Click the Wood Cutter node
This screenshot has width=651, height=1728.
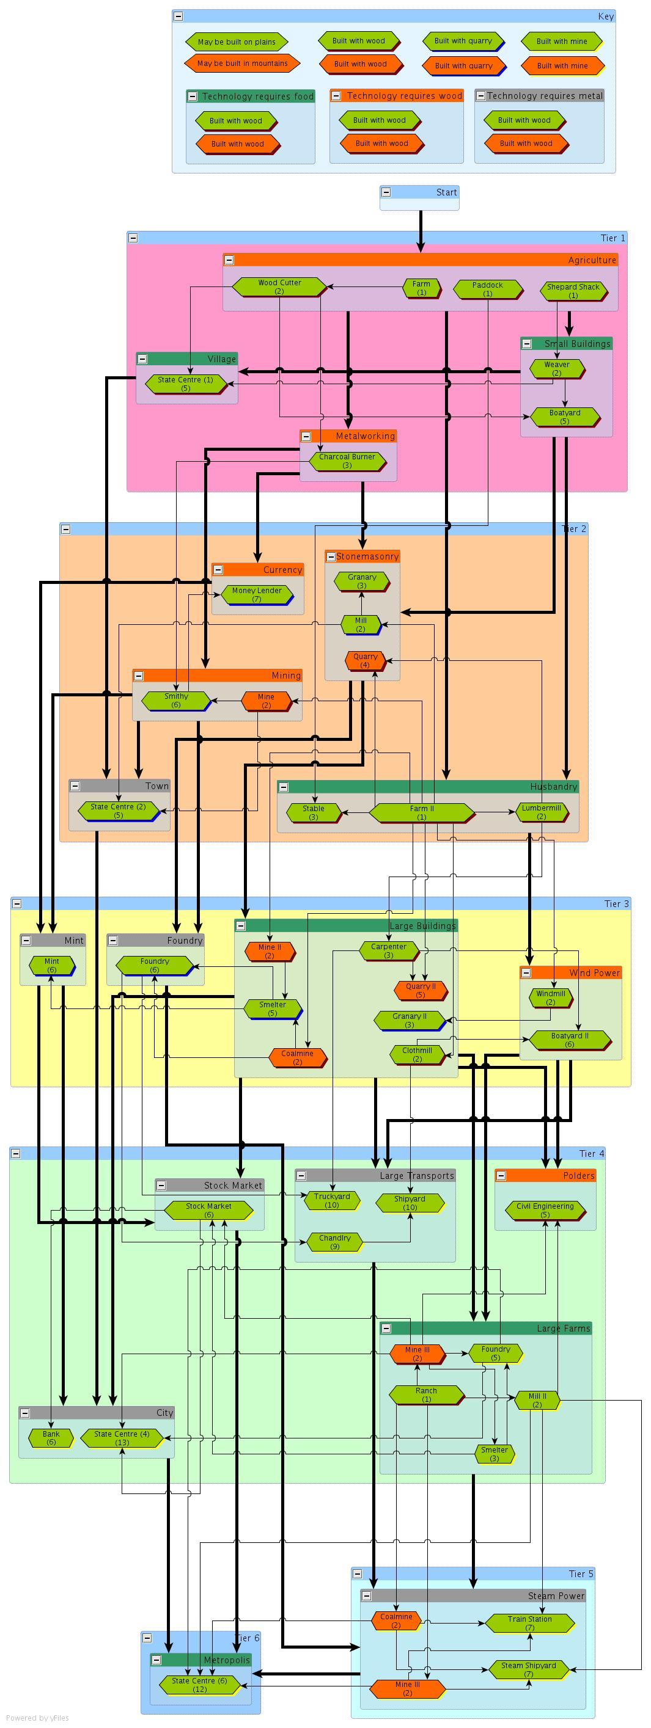coord(279,287)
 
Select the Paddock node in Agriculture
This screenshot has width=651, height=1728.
coord(487,289)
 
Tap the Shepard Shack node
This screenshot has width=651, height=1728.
coord(573,291)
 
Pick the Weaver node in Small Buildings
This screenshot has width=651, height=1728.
coord(556,368)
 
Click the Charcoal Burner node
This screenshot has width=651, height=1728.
coord(347,461)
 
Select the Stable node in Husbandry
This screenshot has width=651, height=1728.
coord(314,812)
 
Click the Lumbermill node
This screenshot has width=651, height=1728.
coord(541,812)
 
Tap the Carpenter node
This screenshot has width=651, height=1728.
coord(389,950)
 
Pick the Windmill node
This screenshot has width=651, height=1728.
coord(550,997)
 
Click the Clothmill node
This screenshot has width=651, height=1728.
coord(417,1054)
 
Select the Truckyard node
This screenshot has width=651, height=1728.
coord(331,1200)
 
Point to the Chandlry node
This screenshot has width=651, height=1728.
coord(335,1242)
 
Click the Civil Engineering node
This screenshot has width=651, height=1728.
coord(545,1210)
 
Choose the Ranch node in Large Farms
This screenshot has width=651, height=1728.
coord(426,1394)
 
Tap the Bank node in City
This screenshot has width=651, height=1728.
coord(51,1437)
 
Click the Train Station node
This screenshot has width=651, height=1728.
coord(529,1623)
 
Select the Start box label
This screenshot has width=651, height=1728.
coord(446,192)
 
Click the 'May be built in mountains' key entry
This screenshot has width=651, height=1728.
coord(242,64)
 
